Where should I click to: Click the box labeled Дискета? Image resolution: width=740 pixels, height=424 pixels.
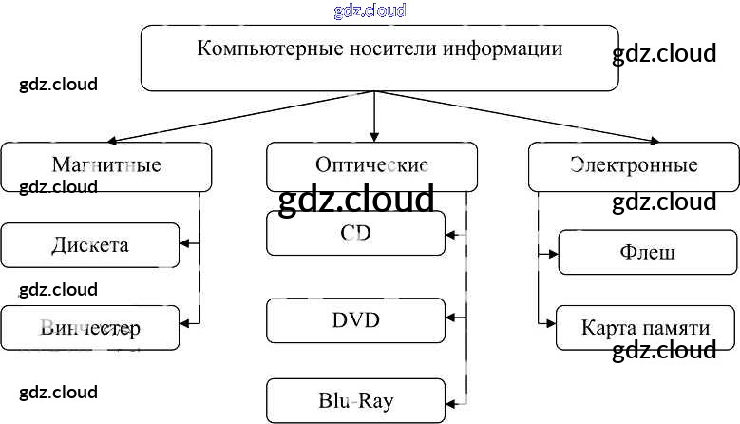pos(89,245)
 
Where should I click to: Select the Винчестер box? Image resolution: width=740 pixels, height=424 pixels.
pos(89,328)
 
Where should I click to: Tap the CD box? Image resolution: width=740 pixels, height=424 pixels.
pos(355,234)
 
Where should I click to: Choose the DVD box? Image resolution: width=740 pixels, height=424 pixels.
pos(355,320)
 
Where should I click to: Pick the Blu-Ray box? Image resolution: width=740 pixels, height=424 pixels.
pos(355,400)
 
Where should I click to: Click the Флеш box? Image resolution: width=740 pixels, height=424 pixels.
pos(647,253)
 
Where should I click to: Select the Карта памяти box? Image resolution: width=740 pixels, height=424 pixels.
pos(645,329)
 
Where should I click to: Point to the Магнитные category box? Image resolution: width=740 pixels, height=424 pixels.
pos(105,165)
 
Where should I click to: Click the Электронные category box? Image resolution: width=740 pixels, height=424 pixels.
pos(634,165)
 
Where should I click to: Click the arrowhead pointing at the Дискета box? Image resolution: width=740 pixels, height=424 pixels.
pos(185,245)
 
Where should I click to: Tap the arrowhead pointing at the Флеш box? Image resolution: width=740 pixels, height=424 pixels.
pos(552,253)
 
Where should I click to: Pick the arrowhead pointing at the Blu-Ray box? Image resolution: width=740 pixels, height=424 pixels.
pos(451,400)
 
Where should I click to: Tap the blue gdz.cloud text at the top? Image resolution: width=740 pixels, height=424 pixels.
pos(370,11)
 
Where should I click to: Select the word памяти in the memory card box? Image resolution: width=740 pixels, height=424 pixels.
pos(674,329)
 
